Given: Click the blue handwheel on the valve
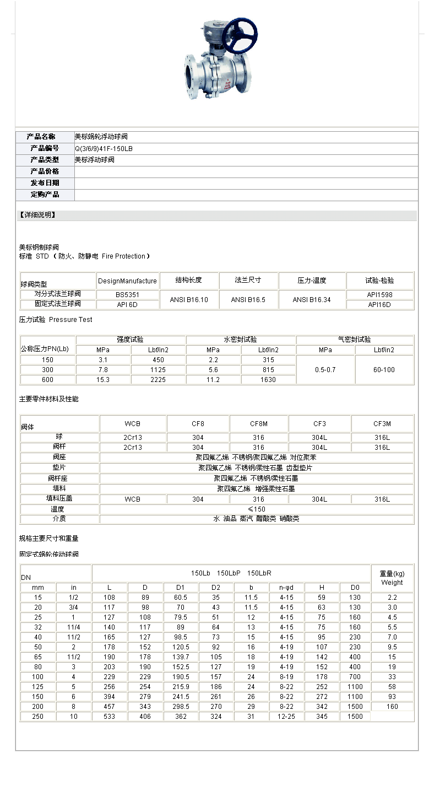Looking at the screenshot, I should (x=240, y=36).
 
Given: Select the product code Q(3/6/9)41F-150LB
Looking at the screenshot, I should (x=104, y=149).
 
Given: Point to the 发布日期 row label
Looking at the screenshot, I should (x=45, y=183).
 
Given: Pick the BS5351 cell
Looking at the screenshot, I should (x=128, y=295).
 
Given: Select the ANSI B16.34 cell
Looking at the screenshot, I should (x=312, y=300).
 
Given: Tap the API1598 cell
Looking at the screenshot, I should (x=380, y=295).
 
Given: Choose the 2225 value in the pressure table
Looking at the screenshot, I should (x=158, y=380).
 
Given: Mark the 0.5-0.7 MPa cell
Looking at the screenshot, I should (x=325, y=370).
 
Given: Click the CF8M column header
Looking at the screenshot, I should (x=258, y=424).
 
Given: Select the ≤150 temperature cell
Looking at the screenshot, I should (x=256, y=509).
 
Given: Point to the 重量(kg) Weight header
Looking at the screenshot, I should (x=392, y=578).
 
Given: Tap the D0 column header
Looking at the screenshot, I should (x=355, y=588).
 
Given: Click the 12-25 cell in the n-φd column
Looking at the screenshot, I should (x=286, y=717).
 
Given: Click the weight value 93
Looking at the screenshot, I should (x=392, y=697).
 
